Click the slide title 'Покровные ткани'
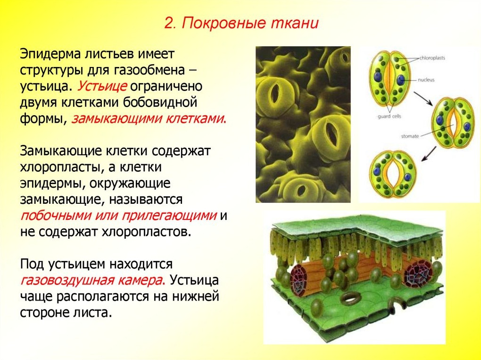250,23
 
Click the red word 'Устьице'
102,86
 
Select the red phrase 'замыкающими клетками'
148,118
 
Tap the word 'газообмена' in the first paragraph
149,70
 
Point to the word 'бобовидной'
159,102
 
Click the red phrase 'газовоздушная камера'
92,281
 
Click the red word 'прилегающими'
169,216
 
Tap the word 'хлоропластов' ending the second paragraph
142,232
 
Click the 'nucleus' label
426,80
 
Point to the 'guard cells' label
389,117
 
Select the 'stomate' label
410,136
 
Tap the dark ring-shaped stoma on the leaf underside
351,298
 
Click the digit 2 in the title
169,23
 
